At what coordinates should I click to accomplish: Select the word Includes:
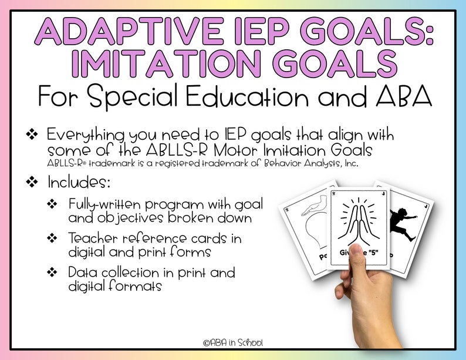tap(78, 182)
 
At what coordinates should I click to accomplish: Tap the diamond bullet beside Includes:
tap(32, 183)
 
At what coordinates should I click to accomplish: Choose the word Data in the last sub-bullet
tap(83, 273)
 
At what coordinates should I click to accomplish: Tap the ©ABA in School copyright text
tap(232, 342)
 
